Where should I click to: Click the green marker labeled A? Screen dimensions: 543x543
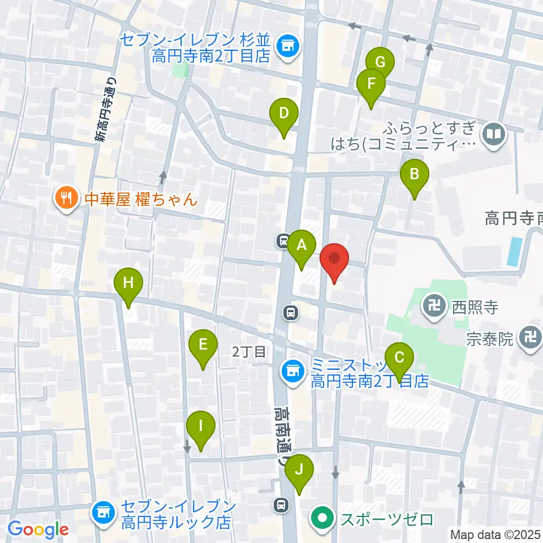(x=301, y=245)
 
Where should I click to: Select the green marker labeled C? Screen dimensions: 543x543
(x=399, y=358)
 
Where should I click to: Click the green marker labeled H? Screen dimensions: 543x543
(x=128, y=282)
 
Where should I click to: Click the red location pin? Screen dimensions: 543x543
(x=334, y=260)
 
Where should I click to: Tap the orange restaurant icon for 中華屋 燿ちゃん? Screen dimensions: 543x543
(x=66, y=198)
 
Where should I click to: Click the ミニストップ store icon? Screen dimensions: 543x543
(x=292, y=372)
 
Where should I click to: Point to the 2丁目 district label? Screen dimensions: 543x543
(x=249, y=352)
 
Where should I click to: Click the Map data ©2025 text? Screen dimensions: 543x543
(x=495, y=534)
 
